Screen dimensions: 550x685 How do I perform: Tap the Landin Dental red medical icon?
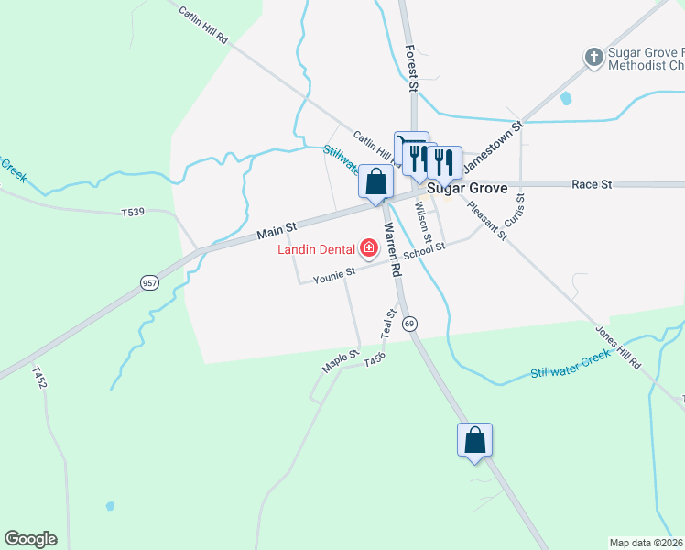[369, 247]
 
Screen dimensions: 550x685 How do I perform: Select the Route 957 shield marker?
[150, 283]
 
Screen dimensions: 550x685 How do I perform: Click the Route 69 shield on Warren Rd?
[409, 324]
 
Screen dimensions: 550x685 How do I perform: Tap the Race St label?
[592, 184]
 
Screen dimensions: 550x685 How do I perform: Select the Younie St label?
[333, 275]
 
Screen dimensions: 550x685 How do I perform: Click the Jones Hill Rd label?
[618, 347]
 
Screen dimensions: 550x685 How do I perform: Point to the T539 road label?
[134, 213]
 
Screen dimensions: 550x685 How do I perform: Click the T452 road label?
[38, 378]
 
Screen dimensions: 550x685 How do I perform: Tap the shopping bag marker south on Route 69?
[474, 440]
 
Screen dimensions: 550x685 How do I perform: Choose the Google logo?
[30, 539]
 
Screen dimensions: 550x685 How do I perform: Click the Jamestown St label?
[491, 146]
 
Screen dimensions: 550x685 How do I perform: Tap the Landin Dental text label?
[319, 248]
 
